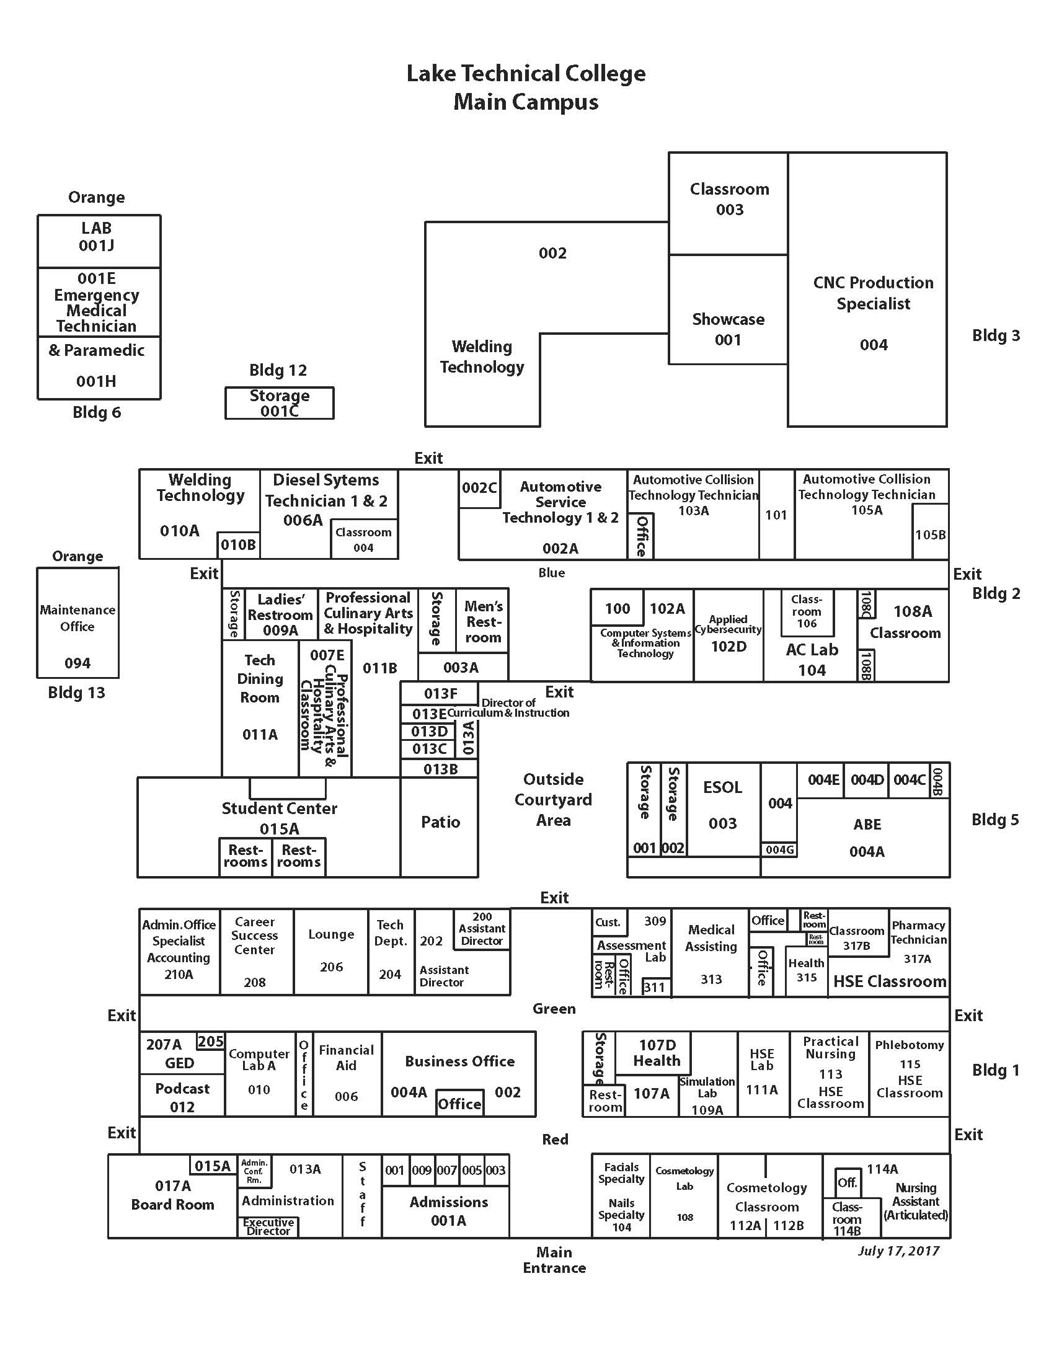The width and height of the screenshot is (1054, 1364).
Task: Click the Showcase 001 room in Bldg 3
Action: click(727, 329)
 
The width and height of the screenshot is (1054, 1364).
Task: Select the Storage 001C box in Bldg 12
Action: click(279, 403)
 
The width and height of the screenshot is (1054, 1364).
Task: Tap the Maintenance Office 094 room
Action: click(77, 624)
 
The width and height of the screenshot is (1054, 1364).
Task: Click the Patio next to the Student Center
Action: click(440, 822)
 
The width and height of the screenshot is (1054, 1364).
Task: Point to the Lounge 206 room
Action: click(331, 950)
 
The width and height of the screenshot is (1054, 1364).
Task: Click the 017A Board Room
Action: click(172, 1196)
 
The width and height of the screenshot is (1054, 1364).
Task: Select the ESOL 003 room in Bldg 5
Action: click(722, 805)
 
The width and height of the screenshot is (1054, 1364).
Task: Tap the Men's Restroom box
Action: click(482, 621)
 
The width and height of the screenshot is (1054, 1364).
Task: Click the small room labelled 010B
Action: click(238, 544)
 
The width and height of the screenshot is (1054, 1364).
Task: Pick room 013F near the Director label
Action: click(440, 693)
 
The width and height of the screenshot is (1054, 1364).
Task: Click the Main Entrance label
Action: click(554, 1260)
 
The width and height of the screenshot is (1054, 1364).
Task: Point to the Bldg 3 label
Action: click(995, 335)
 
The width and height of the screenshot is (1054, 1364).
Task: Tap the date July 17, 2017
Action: click(898, 1251)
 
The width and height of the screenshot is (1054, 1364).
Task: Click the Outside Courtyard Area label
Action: click(553, 799)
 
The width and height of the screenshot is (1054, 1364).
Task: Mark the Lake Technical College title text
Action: click(526, 74)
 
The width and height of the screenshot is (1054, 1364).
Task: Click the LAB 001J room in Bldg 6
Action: click(97, 237)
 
